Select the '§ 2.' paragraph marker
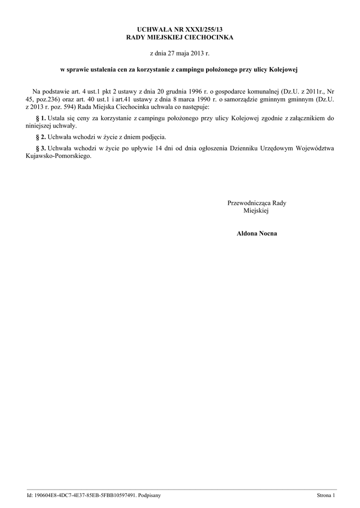coord(41,136)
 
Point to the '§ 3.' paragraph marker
coord(41,148)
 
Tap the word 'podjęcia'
coord(154,136)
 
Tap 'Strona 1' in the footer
coord(326,495)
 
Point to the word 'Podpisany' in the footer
coord(149,495)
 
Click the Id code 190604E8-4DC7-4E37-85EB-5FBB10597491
coord(84,495)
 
